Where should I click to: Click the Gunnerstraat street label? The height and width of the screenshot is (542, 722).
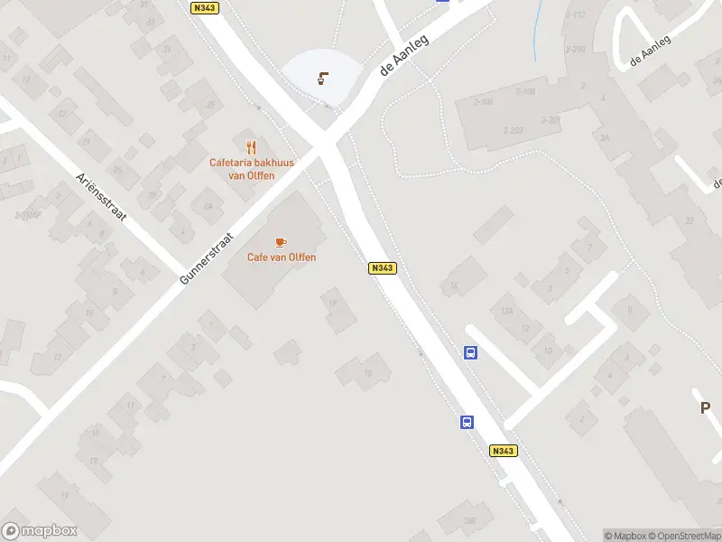click(x=207, y=259)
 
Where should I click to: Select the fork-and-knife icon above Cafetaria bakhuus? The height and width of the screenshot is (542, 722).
click(x=251, y=147)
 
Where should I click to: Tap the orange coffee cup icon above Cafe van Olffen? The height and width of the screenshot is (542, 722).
click(x=281, y=242)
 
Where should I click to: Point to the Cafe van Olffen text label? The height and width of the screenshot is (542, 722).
click(x=282, y=257)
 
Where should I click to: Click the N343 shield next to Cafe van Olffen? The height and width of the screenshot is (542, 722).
click(x=382, y=268)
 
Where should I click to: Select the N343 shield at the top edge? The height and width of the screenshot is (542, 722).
click(x=205, y=7)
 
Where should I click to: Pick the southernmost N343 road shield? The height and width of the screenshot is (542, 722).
click(x=503, y=451)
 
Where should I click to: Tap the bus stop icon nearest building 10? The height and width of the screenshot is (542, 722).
click(x=471, y=353)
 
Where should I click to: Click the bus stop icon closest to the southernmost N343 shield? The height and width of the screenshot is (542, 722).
click(x=467, y=422)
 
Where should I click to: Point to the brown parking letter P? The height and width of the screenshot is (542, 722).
click(x=706, y=408)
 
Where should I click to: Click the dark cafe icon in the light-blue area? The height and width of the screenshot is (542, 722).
click(x=322, y=78)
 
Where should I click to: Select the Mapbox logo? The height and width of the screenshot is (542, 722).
click(x=40, y=531)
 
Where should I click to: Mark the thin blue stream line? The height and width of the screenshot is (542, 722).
click(x=538, y=32)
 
